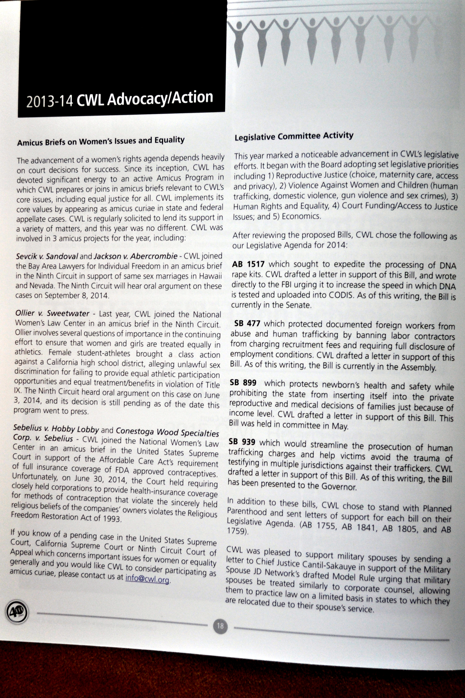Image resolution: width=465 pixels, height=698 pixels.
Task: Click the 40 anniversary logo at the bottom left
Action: [17, 611]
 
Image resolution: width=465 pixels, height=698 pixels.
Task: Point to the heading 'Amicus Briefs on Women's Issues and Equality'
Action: [101, 141]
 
